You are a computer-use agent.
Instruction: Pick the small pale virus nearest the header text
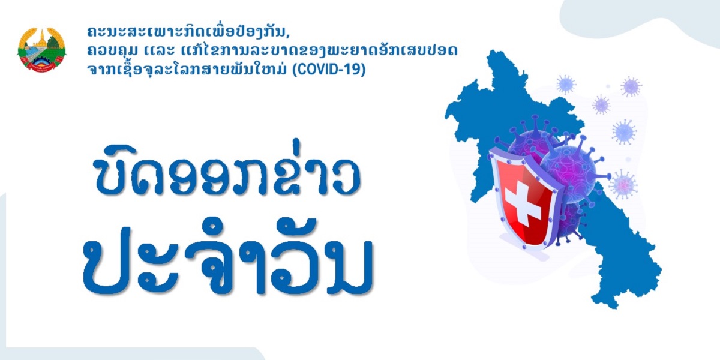point(565,84)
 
